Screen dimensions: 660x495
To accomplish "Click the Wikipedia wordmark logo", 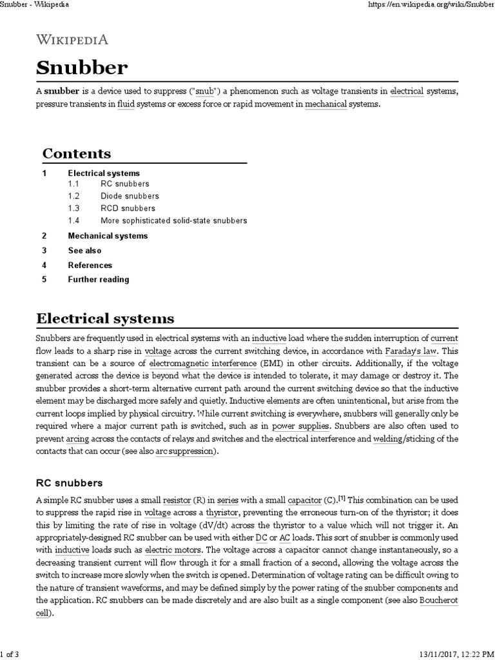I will tap(72, 39).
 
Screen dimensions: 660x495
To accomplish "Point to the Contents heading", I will tap(77, 153).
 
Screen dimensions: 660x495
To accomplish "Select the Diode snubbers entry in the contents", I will tap(130, 196).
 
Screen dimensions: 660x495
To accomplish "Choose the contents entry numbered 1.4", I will tap(173, 220).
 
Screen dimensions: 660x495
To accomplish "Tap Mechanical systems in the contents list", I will tap(108, 236).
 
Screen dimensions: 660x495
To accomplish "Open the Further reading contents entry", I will tap(99, 280).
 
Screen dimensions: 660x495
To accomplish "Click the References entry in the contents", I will tap(90, 265).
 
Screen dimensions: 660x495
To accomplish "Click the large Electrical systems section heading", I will tap(105, 318).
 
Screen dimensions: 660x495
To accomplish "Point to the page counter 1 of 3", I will tap(11, 655).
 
